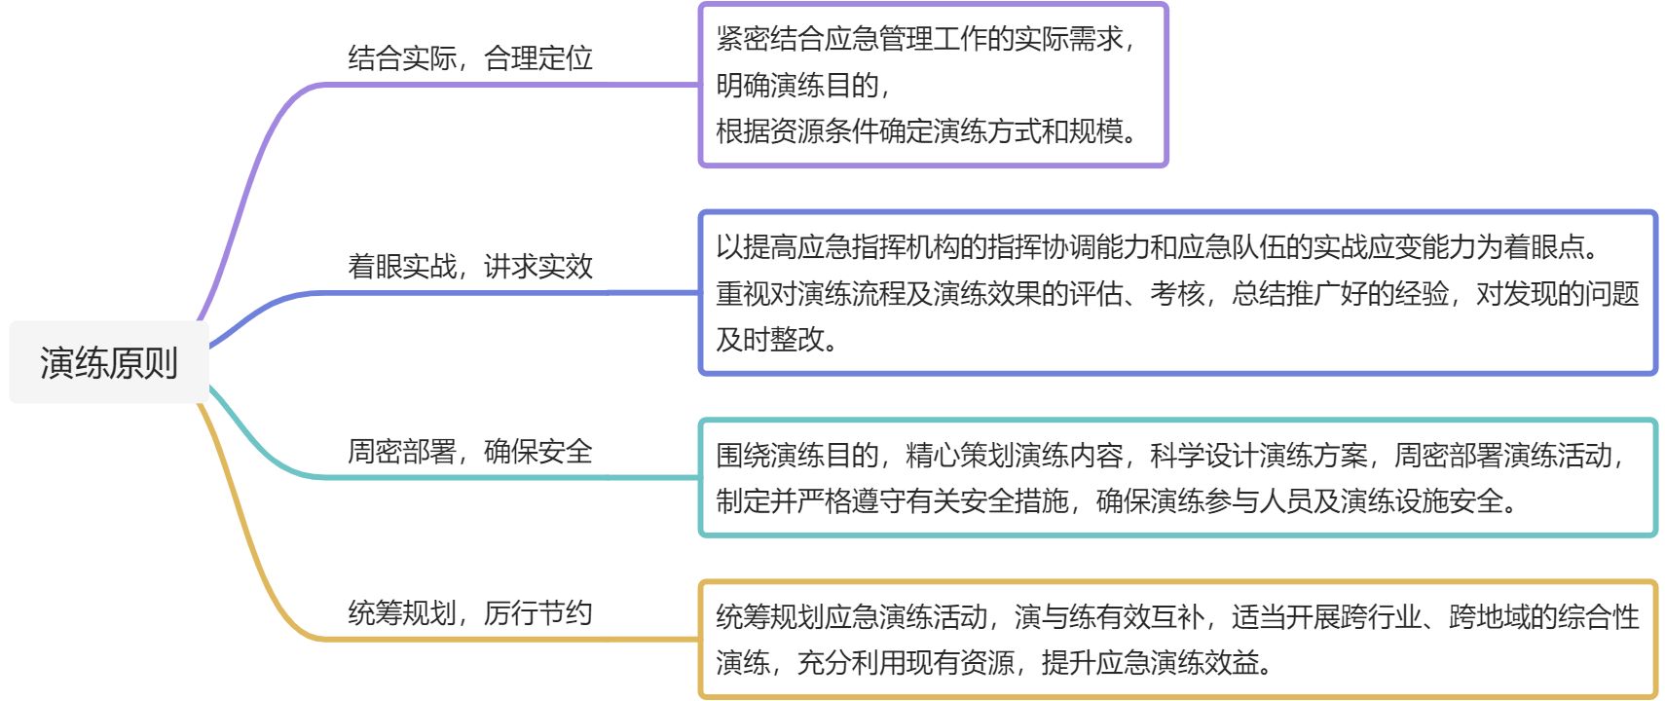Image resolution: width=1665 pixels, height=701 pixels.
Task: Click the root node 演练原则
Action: pos(108,362)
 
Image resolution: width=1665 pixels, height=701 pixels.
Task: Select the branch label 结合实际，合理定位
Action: pos(470,58)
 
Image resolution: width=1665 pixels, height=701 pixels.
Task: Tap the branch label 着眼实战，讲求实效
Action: pos(470,266)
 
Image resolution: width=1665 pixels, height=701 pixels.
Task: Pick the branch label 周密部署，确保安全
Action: pos(470,451)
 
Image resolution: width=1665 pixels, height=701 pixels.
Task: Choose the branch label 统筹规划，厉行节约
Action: pos(470,612)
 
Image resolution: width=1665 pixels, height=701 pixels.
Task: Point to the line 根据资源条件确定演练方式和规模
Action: pos(925,130)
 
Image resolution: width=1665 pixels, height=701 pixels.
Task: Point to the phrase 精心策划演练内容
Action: pos(1014,455)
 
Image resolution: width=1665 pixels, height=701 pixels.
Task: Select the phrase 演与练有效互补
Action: pos(1109,616)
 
